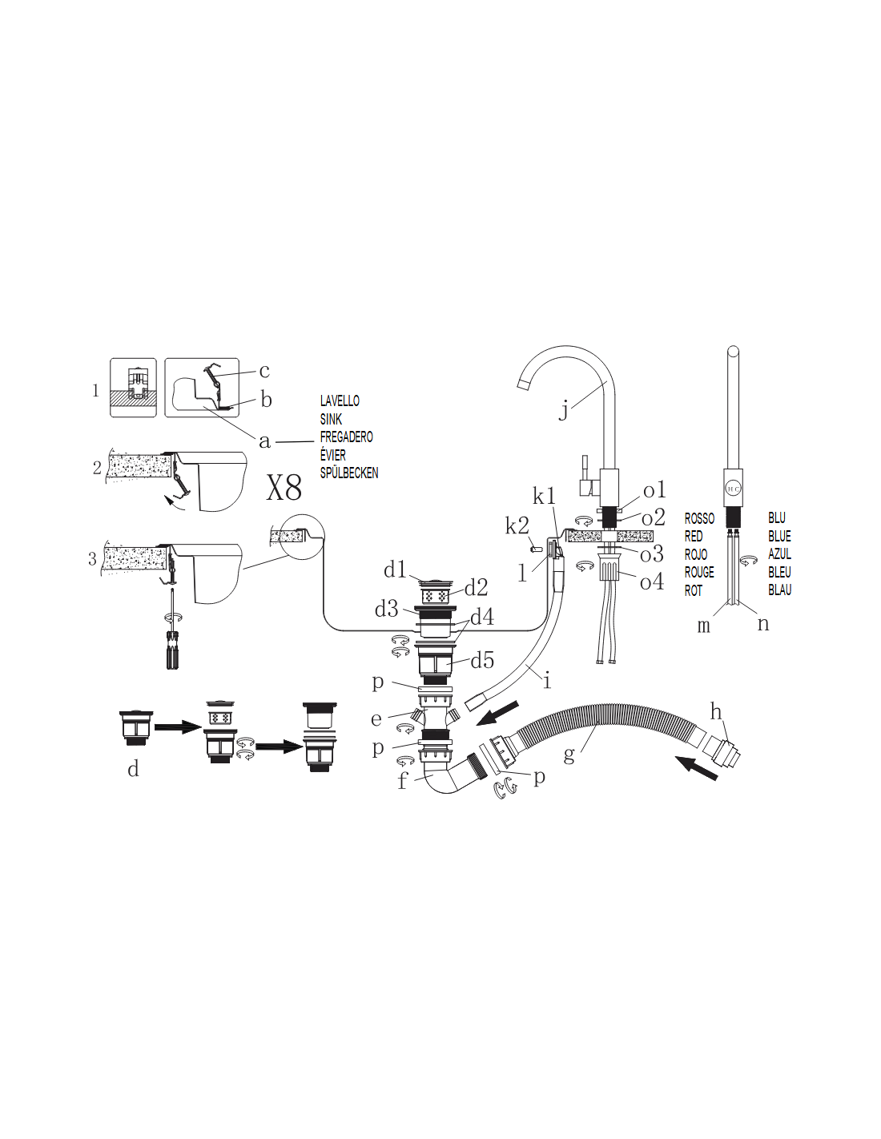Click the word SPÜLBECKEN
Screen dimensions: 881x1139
tap(349, 473)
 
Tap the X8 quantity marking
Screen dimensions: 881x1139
tap(284, 488)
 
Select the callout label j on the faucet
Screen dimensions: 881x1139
tap(563, 410)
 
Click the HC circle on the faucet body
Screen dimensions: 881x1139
tap(733, 489)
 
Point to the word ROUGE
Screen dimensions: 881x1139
tap(699, 572)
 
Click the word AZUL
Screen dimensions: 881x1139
tap(779, 553)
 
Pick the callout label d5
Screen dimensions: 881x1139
tap(482, 661)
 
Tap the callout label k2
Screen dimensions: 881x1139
tap(517, 525)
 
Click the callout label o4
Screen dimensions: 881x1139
tap(652, 582)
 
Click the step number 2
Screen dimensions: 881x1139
tap(97, 468)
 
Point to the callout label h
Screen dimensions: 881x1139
tap(716, 712)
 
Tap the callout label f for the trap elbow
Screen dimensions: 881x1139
tap(403, 781)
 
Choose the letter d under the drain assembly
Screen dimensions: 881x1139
tap(133, 769)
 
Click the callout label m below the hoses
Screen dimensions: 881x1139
tap(704, 626)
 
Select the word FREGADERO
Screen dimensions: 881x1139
tap(347, 437)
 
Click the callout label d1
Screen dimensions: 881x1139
tap(395, 569)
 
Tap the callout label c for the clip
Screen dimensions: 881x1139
tap(264, 371)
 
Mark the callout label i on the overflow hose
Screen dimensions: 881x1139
tap(547, 681)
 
